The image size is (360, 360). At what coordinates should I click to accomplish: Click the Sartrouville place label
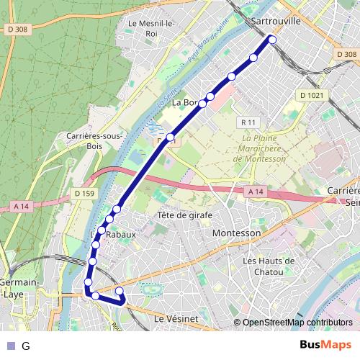coord(277,22)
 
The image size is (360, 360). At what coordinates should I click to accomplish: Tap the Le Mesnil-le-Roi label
coord(150,27)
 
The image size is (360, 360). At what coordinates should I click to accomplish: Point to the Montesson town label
coord(236,234)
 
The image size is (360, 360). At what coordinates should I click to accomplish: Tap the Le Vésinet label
coord(176,318)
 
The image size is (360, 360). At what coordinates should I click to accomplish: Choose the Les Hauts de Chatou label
coord(269,265)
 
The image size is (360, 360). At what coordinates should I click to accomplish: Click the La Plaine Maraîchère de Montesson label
coord(264,148)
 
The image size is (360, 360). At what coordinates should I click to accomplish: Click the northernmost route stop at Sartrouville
coord(272,40)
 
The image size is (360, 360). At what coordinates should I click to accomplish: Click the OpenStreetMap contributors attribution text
coord(297,323)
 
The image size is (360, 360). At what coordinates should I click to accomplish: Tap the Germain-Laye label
coord(15,288)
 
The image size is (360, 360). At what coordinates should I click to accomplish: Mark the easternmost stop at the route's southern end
coord(120,292)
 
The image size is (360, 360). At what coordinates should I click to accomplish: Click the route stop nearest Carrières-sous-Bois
coord(171,137)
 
